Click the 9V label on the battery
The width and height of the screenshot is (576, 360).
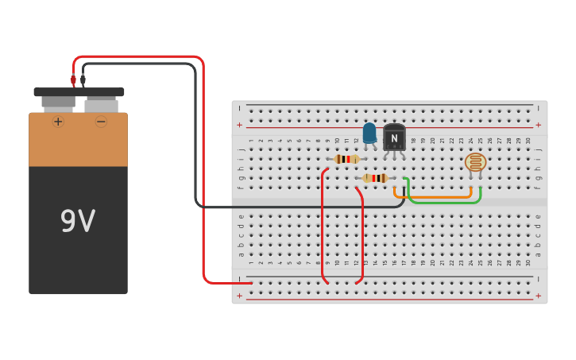pos(78,221)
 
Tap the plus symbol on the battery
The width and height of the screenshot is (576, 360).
pos(58,122)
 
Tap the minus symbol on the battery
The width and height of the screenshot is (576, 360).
pos(101,122)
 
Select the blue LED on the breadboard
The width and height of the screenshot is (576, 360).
pos(369,134)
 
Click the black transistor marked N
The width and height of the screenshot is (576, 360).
pos(394,137)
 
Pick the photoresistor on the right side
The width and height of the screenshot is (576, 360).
pos(475,162)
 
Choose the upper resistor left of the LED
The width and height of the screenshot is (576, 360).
pos(346,159)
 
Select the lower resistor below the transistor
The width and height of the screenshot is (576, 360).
pos(375,178)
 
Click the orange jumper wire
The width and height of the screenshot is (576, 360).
pos(433,196)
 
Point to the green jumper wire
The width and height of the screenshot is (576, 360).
pos(445,203)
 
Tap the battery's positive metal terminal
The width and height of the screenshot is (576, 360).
pos(58,102)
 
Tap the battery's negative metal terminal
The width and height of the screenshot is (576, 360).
pos(101,104)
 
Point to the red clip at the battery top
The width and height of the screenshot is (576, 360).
pos(73,79)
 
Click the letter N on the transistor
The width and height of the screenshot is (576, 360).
pos(394,138)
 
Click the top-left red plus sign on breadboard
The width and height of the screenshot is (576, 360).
pos(239,125)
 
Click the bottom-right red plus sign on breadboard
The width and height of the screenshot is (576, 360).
pos(538,296)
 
